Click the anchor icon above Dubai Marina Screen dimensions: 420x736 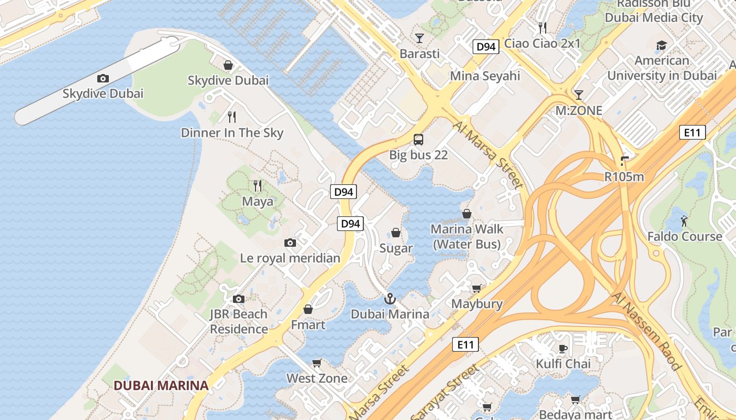coord(390,299)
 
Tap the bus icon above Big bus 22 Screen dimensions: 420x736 coord(418,140)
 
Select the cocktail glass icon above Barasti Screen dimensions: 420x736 coord(419,38)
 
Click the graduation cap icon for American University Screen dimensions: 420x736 coord(661,45)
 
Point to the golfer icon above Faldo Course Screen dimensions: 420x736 coord(684,221)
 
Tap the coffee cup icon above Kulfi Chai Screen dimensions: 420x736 coord(563,348)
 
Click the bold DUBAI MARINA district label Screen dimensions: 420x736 coord(161,385)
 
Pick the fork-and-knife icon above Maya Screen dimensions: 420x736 coord(257,186)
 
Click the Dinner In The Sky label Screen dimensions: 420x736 coord(232,133)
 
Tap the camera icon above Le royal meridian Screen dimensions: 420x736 coord(290,243)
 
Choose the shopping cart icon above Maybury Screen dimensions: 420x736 coord(476,288)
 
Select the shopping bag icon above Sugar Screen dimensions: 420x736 coord(396,233)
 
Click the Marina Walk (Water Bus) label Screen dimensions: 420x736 coord(466,237)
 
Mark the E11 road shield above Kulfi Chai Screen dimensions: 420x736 coord(465,345)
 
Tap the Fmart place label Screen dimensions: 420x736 coord(308,325)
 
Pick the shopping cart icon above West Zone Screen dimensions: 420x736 coord(316,363)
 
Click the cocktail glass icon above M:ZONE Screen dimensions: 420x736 coord(579,95)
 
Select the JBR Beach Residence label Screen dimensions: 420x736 coord(239,321)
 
